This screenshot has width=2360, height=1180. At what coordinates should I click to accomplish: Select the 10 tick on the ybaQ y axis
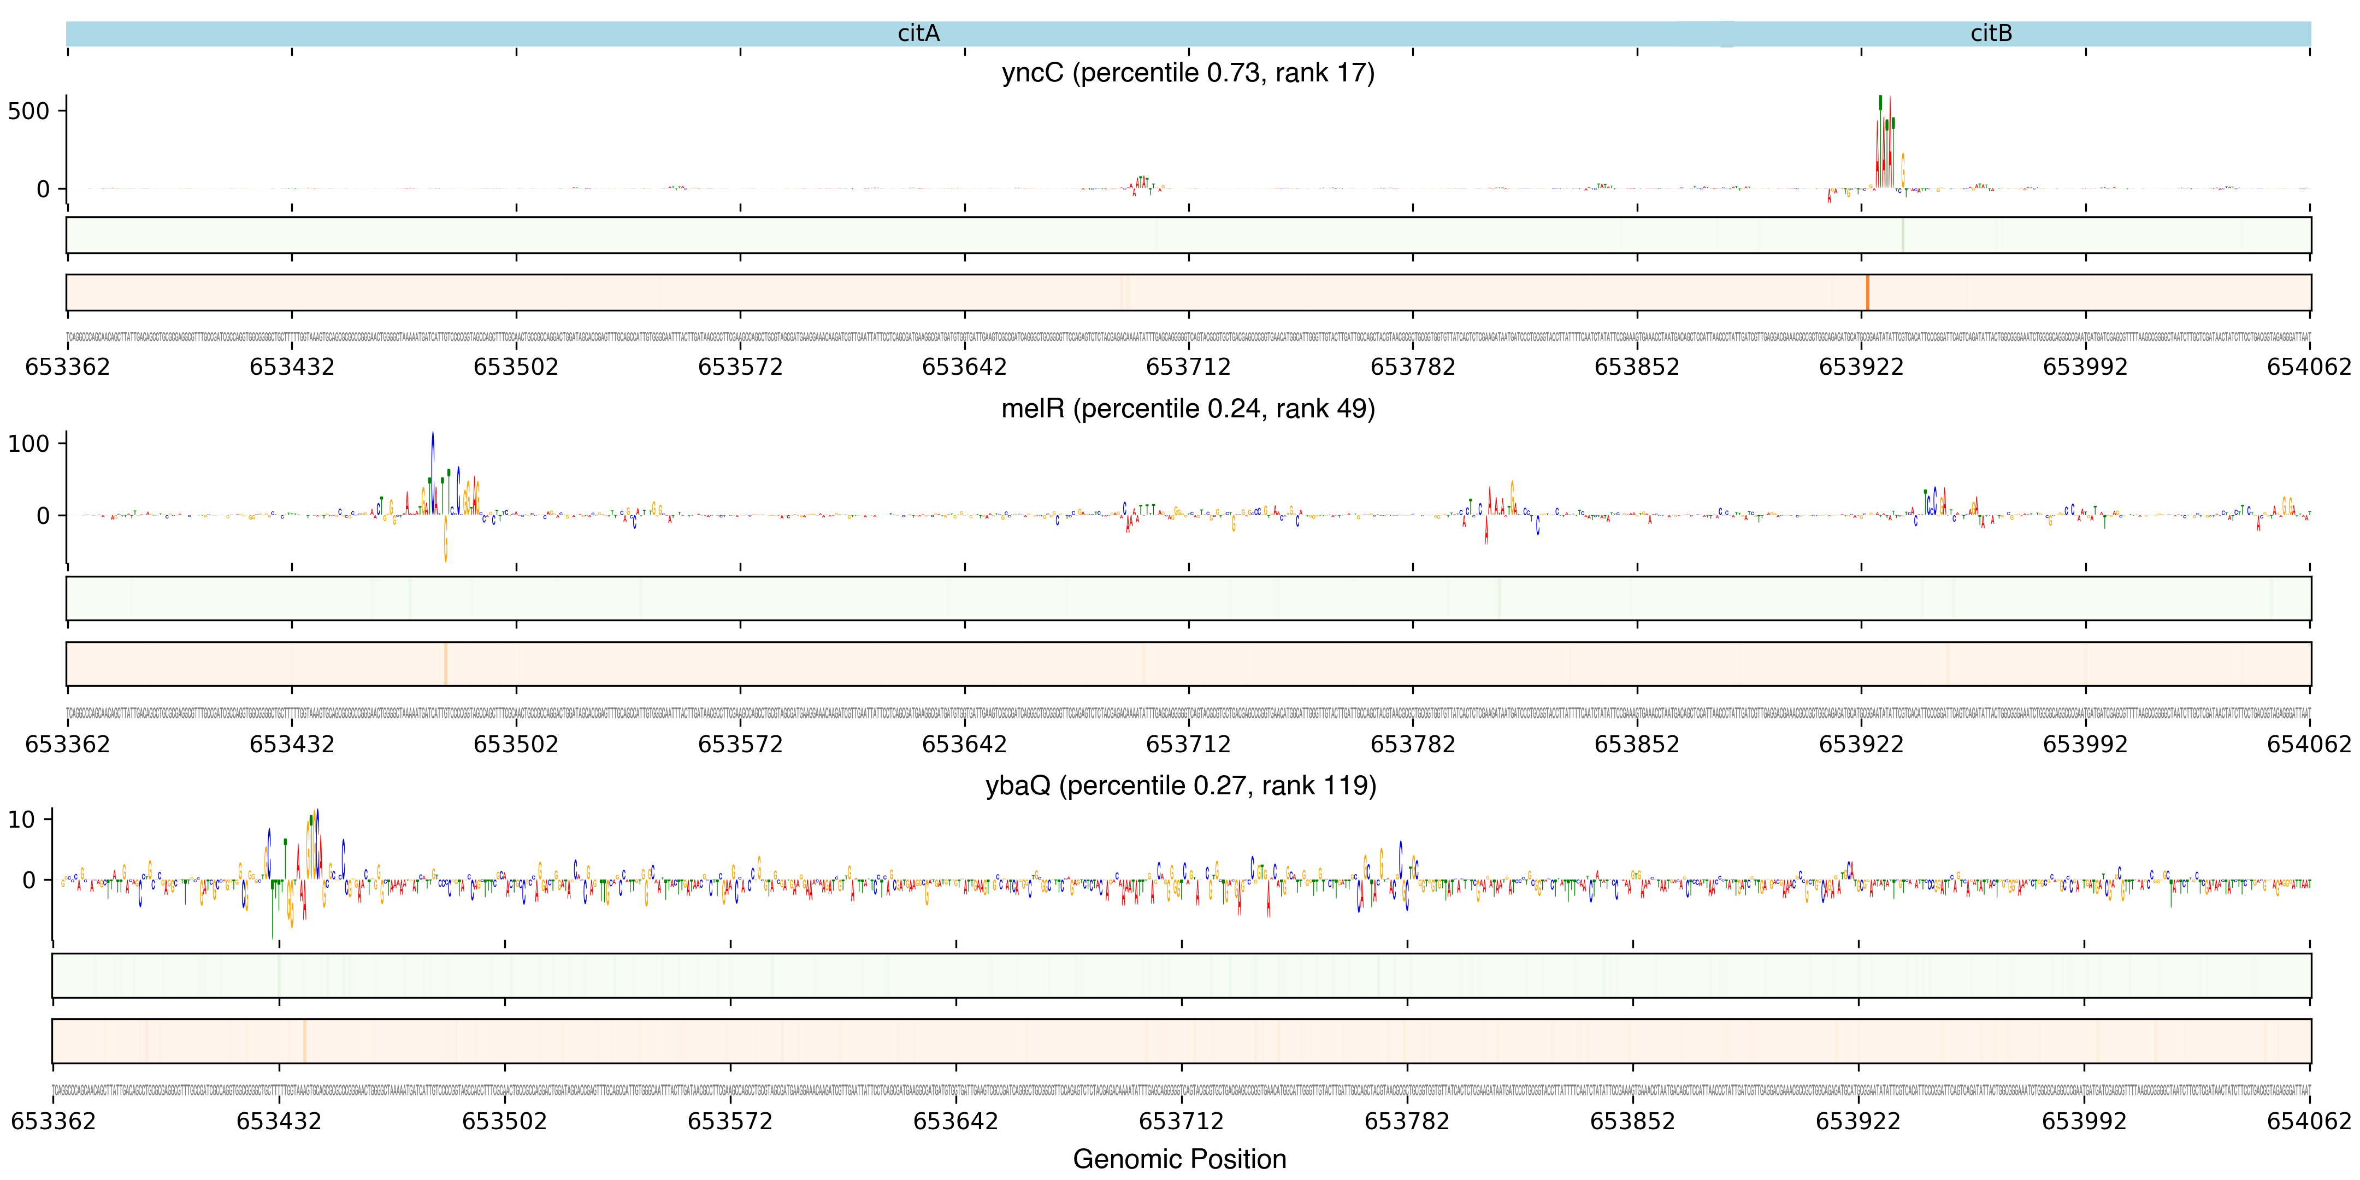pos(21,820)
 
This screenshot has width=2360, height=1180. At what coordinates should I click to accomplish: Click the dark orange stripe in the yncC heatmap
pos(1867,292)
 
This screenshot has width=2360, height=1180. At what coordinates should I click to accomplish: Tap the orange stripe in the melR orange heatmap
pos(445,663)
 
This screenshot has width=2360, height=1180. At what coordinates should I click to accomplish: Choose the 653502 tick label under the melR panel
pos(516,744)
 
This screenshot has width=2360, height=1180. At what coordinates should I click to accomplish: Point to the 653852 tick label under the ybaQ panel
pos(1632,1122)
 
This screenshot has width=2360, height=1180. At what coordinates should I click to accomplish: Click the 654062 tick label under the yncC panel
pos(2308,367)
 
